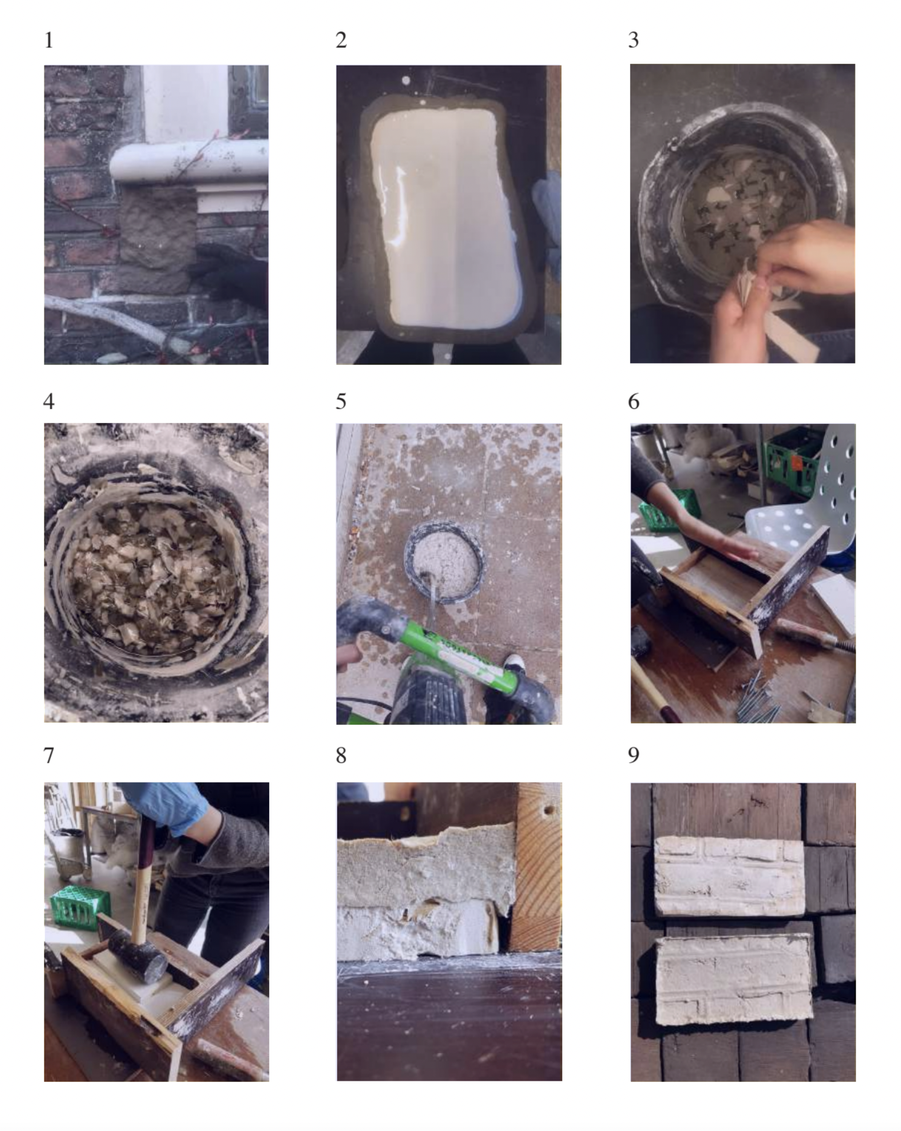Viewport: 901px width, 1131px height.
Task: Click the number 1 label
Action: (49, 40)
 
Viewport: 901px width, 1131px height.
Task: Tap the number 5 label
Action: (341, 401)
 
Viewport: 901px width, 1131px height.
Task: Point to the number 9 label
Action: (634, 755)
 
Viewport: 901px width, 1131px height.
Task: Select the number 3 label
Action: (634, 40)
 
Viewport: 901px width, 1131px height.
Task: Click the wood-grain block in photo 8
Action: (536, 868)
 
